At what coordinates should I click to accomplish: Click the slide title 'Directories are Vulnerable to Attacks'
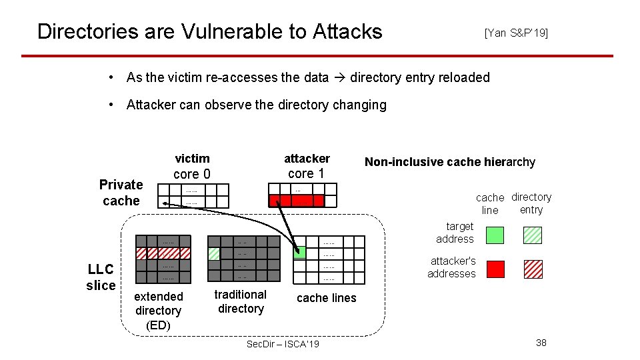point(209,31)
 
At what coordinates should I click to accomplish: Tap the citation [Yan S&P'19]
point(516,33)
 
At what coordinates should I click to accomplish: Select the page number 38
point(541,343)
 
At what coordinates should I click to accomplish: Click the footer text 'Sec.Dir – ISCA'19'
point(283,344)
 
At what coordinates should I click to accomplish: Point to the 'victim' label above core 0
point(192,159)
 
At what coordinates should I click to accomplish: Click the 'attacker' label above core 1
point(307,159)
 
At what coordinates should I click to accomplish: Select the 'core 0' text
point(192,174)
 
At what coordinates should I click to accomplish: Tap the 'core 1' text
point(306,173)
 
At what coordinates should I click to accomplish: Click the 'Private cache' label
point(121,193)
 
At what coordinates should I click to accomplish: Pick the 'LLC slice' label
point(101,277)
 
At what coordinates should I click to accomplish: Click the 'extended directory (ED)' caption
point(158,311)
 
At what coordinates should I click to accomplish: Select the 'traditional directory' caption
point(241,301)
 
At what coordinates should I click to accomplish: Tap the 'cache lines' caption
point(326,298)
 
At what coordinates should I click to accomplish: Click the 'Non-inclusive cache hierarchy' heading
point(450,162)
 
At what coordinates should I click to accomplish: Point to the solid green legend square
point(495,235)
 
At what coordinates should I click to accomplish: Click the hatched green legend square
point(533,235)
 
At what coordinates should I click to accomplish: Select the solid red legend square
point(495,269)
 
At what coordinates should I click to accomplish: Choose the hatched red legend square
point(533,269)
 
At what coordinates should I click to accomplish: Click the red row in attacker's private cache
point(296,201)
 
